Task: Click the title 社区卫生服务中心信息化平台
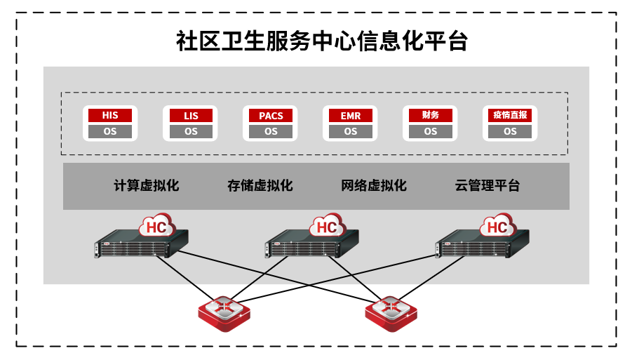[322, 41]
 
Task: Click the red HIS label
[110, 115]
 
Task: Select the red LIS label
[191, 115]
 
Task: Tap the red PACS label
[271, 115]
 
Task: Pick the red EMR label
[350, 115]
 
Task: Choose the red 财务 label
[430, 115]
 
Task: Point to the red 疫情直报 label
[510, 115]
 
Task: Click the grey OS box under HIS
[110, 131]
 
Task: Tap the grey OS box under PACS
[271, 131]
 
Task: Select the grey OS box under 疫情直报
[510, 131]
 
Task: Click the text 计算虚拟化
[147, 186]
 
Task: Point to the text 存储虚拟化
[260, 186]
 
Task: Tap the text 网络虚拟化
[374, 186]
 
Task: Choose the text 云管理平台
[488, 186]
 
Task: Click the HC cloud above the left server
[158, 226]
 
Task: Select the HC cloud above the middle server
[328, 226]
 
